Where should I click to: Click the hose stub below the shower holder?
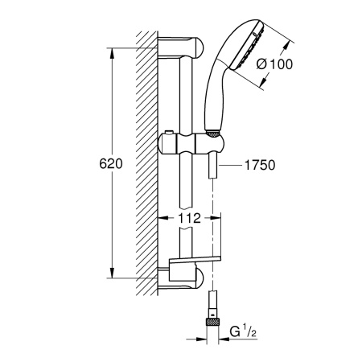[212, 167]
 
